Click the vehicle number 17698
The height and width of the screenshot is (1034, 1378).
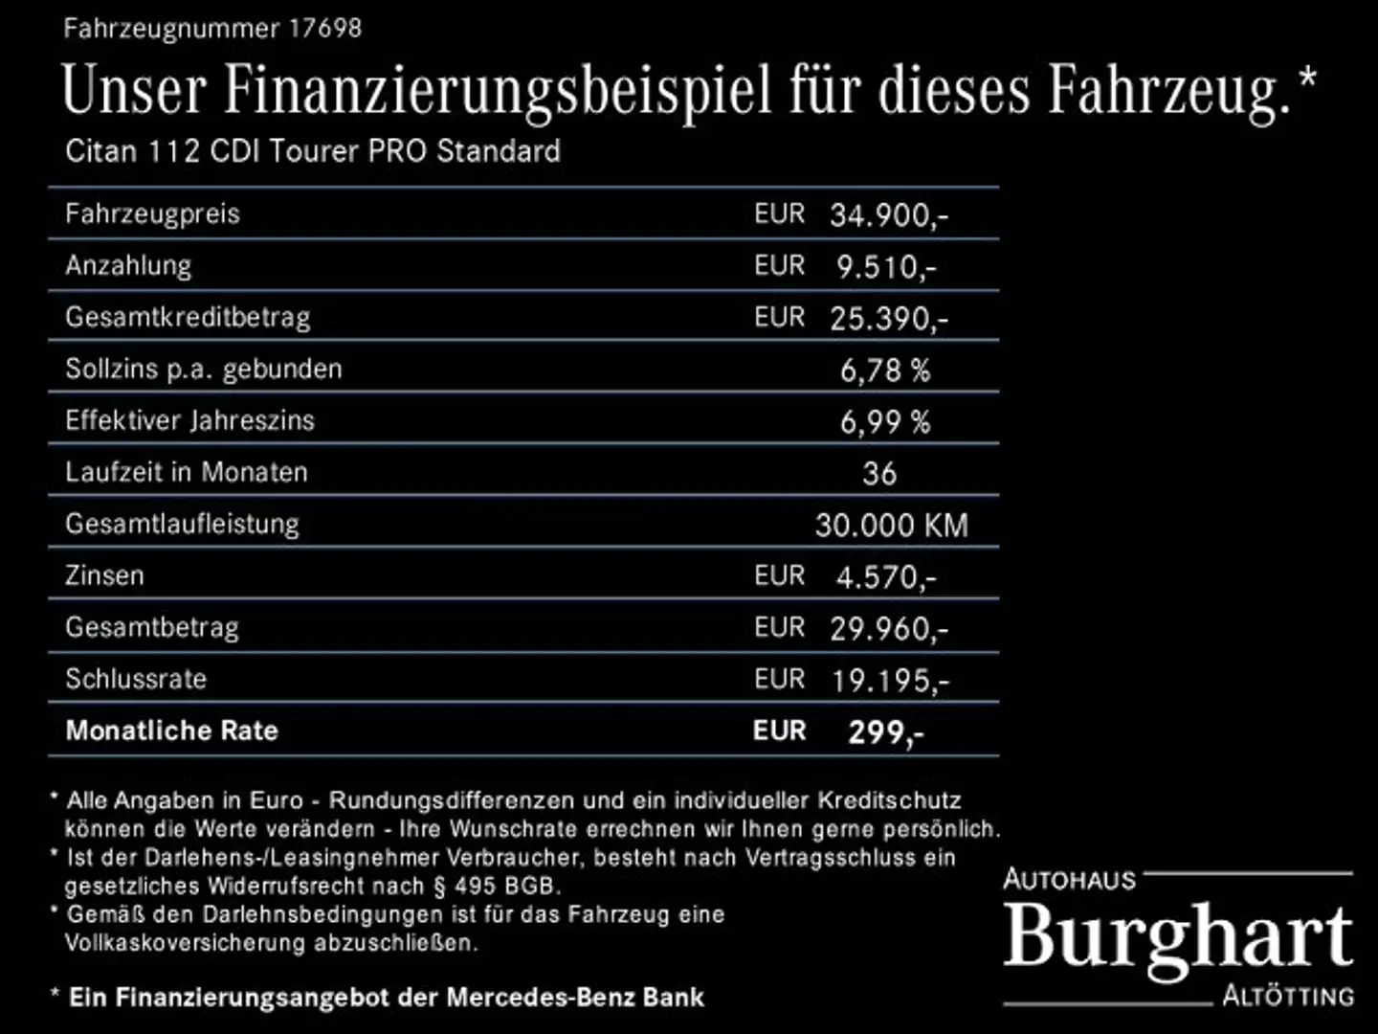pyautogui.click(x=324, y=28)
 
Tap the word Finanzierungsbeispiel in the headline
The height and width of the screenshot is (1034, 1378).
pyautogui.click(x=498, y=91)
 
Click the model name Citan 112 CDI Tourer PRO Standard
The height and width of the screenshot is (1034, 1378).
pyautogui.click(x=313, y=151)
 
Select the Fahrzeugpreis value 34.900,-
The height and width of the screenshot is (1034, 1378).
pyautogui.click(x=888, y=214)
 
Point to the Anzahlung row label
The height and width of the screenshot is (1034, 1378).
pyautogui.click(x=128, y=265)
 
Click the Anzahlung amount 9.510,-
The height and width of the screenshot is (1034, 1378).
pyautogui.click(x=886, y=266)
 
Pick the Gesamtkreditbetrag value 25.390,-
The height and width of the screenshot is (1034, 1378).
pyautogui.click(x=888, y=318)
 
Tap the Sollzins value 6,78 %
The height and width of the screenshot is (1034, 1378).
pyautogui.click(x=884, y=370)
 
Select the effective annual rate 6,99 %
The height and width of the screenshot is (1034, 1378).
pyautogui.click(x=884, y=421)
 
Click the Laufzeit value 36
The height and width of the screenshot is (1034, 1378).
pyautogui.click(x=879, y=473)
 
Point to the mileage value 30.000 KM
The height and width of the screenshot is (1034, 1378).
pyautogui.click(x=891, y=525)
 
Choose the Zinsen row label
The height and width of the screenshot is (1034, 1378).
pyautogui.click(x=104, y=575)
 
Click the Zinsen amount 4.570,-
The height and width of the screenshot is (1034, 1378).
pyautogui.click(x=886, y=576)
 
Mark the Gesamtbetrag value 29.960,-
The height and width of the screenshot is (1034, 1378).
pyautogui.click(x=888, y=628)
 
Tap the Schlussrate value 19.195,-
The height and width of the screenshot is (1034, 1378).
pyautogui.click(x=890, y=680)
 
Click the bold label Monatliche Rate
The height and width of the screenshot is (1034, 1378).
pyautogui.click(x=171, y=731)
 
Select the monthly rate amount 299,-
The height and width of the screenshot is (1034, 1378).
pyautogui.click(x=886, y=732)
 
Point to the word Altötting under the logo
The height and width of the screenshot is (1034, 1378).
pyautogui.click(x=1288, y=996)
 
